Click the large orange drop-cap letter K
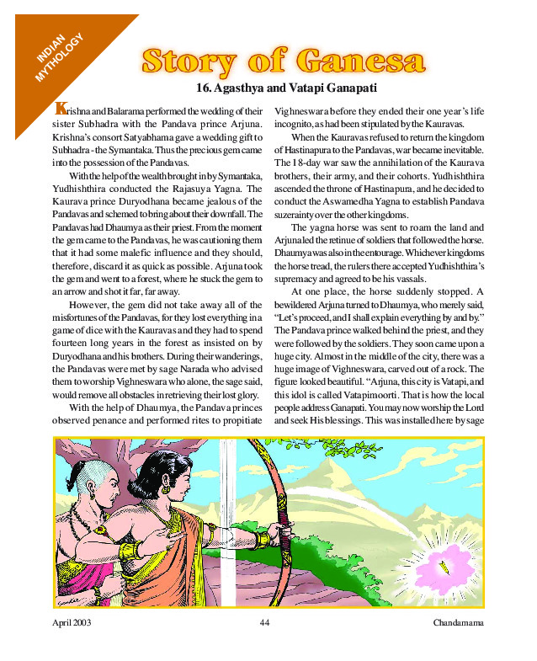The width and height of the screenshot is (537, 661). tap(60, 109)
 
